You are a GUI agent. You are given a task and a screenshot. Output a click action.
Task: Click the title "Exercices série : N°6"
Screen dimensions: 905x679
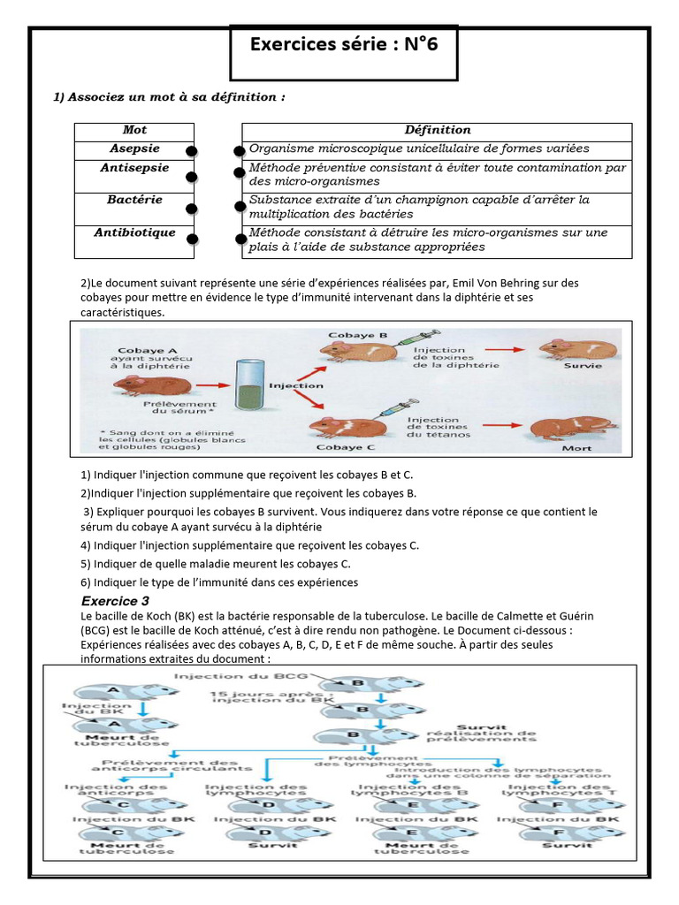(x=344, y=45)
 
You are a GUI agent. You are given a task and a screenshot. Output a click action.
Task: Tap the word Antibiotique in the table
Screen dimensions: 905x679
(x=134, y=233)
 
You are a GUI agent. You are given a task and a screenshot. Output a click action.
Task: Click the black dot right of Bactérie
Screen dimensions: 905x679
(x=191, y=209)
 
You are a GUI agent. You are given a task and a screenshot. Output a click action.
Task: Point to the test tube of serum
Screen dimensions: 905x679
(x=246, y=385)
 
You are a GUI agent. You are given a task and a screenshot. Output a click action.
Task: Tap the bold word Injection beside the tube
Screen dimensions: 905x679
(x=295, y=385)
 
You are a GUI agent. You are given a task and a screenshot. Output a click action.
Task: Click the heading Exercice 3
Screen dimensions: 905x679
(x=115, y=601)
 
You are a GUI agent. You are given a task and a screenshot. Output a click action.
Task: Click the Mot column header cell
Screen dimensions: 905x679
(x=134, y=131)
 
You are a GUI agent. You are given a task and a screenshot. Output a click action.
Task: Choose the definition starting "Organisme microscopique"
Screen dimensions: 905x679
(x=419, y=148)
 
